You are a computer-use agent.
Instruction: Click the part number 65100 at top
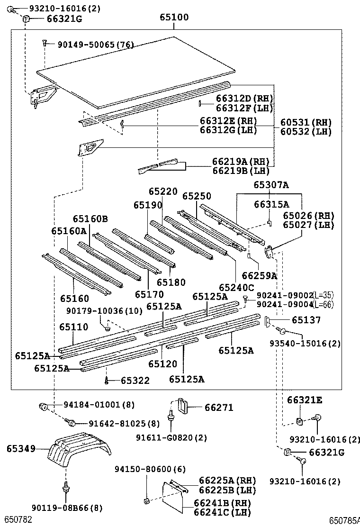click(173, 18)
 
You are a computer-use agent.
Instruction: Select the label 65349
click(21, 448)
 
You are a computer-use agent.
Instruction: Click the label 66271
click(219, 408)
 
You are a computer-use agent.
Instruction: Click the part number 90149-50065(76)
click(96, 45)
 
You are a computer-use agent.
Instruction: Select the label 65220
click(162, 191)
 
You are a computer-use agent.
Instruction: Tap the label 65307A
click(270, 185)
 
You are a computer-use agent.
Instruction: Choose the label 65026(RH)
click(308, 215)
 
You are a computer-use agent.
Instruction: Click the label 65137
click(306, 320)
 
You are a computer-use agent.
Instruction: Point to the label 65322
click(135, 381)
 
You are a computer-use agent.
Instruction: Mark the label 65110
click(73, 327)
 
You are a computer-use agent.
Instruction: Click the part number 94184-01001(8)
click(99, 405)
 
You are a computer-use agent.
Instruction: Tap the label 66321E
click(304, 400)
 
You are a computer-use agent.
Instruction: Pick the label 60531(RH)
click(306, 122)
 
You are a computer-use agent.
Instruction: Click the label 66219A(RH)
click(241, 162)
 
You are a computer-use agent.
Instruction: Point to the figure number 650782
click(18, 520)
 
